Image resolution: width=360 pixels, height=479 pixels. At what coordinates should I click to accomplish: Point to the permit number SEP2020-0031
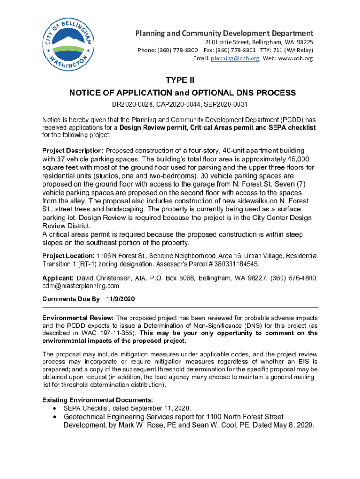click(x=228, y=104)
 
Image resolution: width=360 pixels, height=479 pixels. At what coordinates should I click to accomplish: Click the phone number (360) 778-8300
click(x=180, y=50)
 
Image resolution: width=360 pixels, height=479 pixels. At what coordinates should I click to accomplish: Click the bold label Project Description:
click(x=73, y=151)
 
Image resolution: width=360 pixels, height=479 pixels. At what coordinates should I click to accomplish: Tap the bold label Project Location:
click(x=68, y=256)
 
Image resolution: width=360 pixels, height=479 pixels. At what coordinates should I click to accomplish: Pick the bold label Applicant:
click(x=58, y=278)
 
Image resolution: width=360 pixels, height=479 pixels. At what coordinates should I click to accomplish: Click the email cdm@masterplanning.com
click(x=80, y=286)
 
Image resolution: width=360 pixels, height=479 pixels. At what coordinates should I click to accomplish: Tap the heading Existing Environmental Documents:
click(x=97, y=400)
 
